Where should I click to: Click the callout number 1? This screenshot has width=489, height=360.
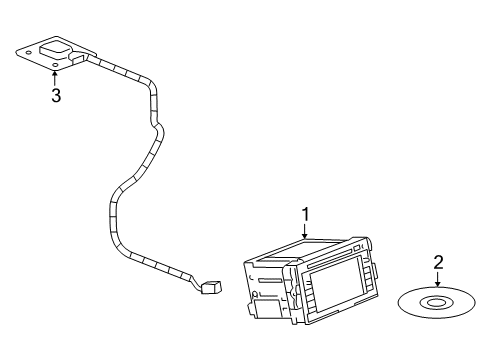click(306, 213)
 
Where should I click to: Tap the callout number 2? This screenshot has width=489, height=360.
click(437, 262)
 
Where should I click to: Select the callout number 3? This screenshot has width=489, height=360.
click(56, 96)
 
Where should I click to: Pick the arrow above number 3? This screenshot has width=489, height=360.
click(56, 78)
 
